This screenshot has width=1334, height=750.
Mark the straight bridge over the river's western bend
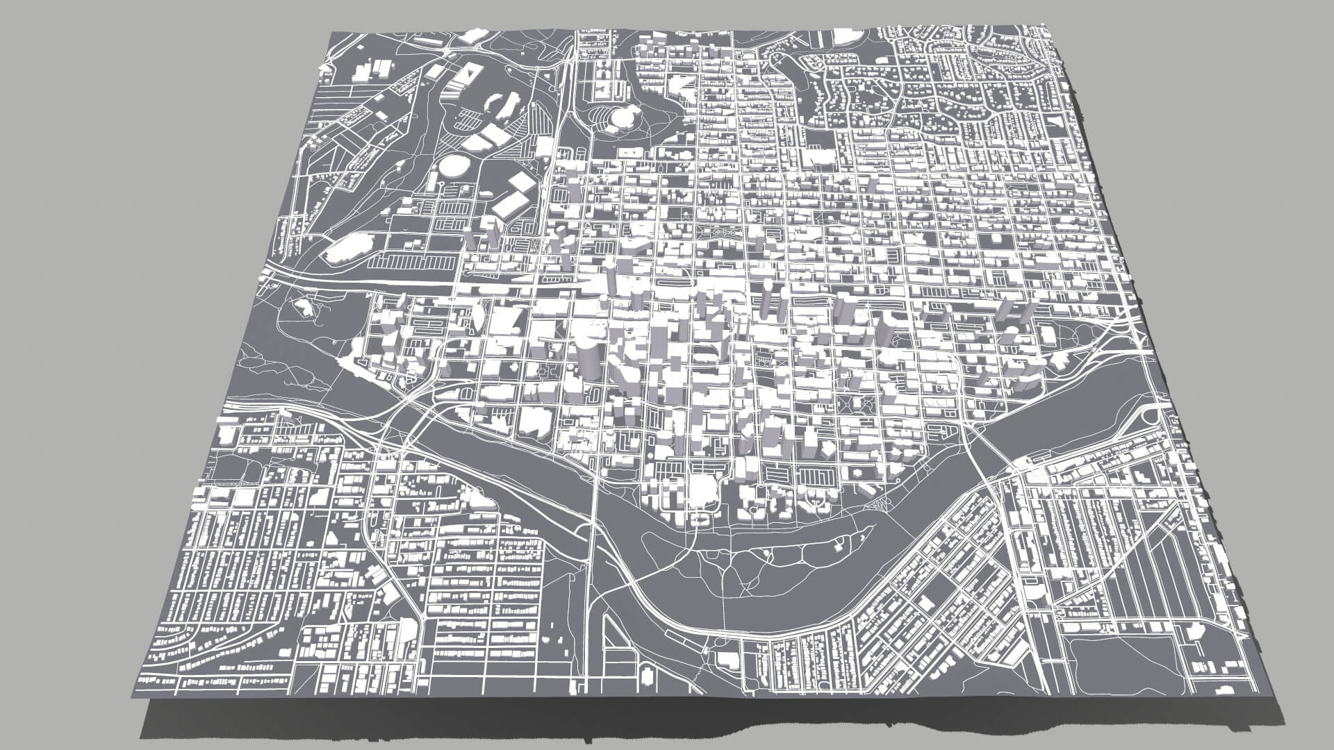tap(593, 514)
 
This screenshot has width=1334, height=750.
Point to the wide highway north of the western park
tap(361, 281)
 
